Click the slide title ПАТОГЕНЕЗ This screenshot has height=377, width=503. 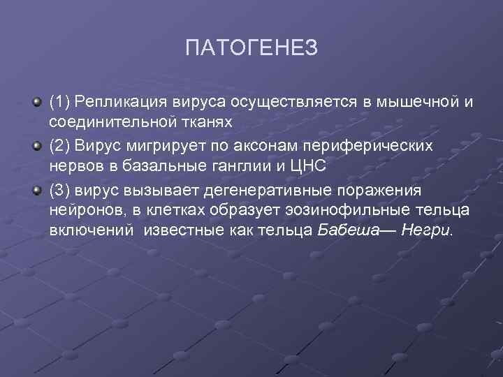(x=251, y=48)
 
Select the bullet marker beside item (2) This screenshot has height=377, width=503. (x=37, y=147)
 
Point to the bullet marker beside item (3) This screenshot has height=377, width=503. (x=37, y=191)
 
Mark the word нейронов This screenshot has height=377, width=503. (x=82, y=210)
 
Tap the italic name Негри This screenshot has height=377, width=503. (x=425, y=230)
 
